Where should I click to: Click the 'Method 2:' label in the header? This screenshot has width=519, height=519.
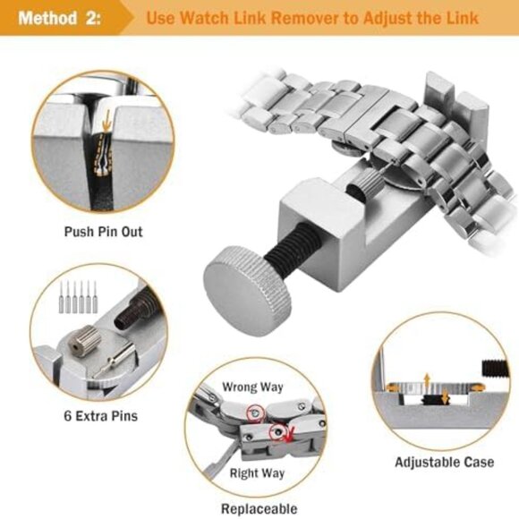60,18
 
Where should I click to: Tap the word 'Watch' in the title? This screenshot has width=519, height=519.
212,18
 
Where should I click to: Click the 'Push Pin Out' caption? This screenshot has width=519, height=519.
103,232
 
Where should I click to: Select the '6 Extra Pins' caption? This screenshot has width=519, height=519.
101,415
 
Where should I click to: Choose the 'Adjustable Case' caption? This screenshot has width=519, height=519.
444,463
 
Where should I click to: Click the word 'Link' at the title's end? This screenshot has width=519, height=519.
459,18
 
